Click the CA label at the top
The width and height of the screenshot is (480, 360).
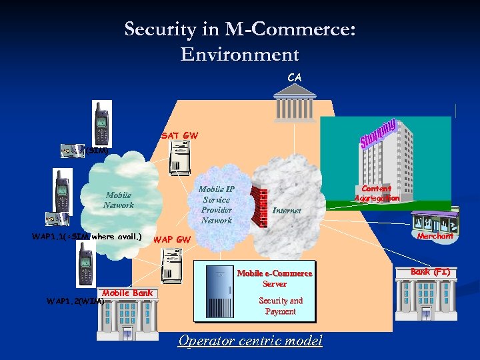coord(294,77)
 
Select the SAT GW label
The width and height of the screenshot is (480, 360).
coord(179,135)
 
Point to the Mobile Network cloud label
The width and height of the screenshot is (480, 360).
coord(118,200)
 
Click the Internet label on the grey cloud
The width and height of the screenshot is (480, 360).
coord(287,210)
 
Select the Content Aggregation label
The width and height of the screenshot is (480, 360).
coord(377,193)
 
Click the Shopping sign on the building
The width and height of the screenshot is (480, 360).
coord(379,134)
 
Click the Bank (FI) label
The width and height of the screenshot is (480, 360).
coord(430,272)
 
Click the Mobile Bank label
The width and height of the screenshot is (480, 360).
coord(127,293)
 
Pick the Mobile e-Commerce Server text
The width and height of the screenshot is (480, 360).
coord(275,278)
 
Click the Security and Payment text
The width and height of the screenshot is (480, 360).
coord(281,306)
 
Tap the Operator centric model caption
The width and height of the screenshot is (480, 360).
coord(250,341)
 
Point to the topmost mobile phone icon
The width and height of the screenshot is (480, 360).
coord(102,121)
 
